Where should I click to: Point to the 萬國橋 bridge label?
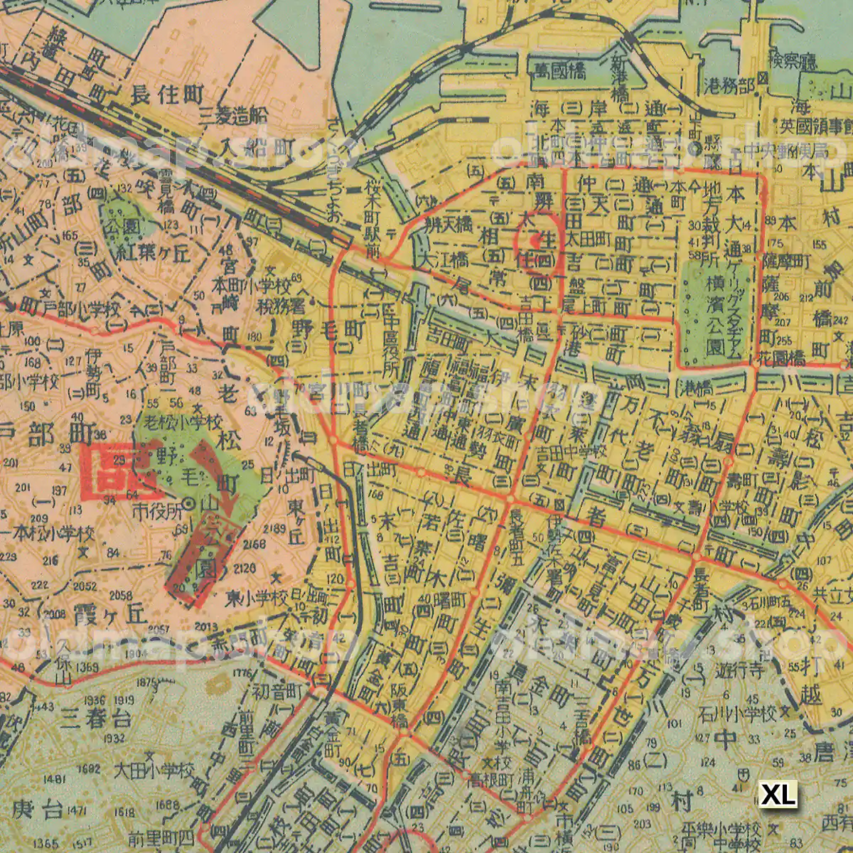pos(561,70)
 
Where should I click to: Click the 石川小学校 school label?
pos(736,714)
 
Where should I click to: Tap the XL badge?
pos(778,795)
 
